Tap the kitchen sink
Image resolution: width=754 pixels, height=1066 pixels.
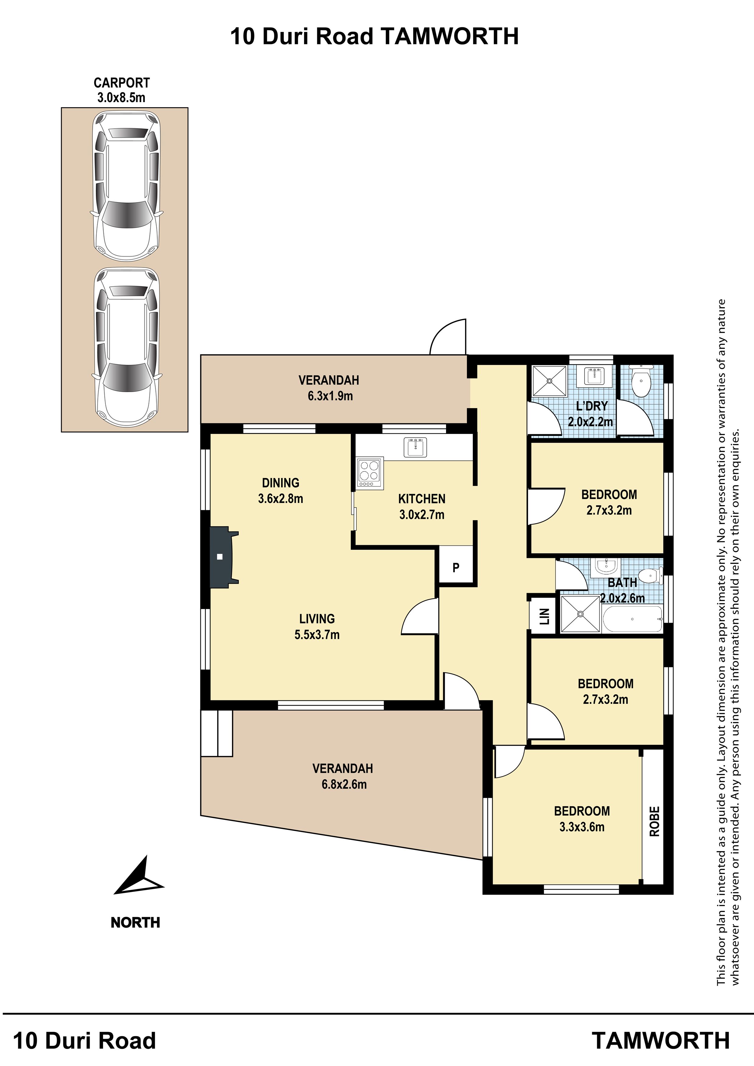point(415,447)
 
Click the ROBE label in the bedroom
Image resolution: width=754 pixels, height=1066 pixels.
point(654,821)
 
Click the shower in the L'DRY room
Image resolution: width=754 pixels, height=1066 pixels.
point(549,381)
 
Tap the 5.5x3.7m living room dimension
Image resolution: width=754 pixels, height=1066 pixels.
point(317,635)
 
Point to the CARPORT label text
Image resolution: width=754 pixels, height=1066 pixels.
point(122,83)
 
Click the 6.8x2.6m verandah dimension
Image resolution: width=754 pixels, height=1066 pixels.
point(344,784)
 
